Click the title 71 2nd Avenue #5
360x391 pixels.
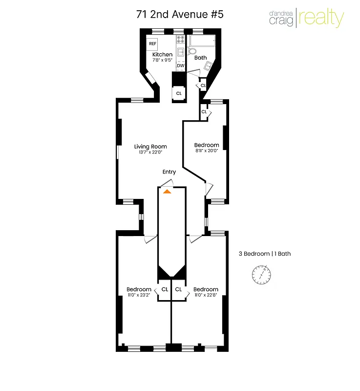[x=180, y=14]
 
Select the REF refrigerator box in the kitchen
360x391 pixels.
[x=153, y=43]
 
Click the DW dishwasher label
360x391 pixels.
[x=180, y=65]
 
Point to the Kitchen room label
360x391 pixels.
[x=162, y=54]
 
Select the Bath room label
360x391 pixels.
[x=200, y=58]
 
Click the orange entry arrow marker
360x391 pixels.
[x=167, y=191]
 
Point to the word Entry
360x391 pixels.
[x=169, y=172]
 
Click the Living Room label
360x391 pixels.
[x=150, y=146]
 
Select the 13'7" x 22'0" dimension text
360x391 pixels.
[x=150, y=152]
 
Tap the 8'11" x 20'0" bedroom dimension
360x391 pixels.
[x=207, y=151]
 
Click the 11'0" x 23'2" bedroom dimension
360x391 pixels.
[x=139, y=295]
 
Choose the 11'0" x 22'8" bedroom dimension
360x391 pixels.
[x=206, y=295]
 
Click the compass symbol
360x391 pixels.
[x=262, y=275]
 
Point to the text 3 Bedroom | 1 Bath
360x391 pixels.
[x=264, y=254]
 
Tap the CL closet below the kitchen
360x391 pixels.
[x=179, y=93]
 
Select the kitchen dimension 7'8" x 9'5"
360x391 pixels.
[x=162, y=60]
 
